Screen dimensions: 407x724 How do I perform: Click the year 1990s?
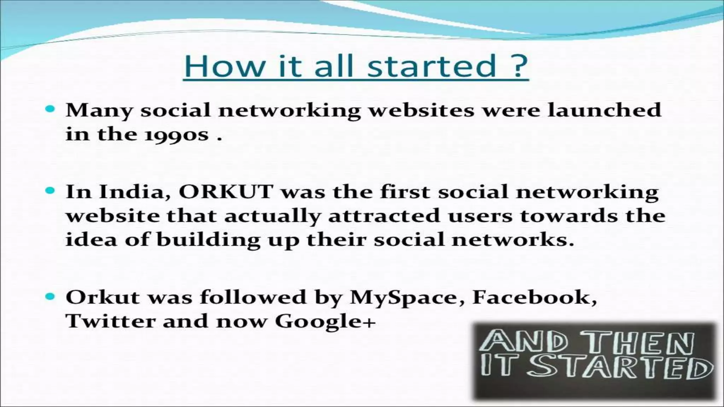[177, 134]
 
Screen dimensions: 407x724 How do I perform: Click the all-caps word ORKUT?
[226, 192]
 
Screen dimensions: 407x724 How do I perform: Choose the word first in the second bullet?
[405, 192]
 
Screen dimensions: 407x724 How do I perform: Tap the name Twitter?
[110, 321]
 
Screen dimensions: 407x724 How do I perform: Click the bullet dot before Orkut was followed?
[51, 296]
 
